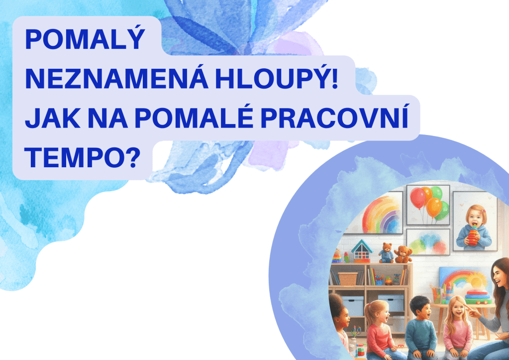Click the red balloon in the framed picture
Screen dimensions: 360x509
pyautogui.click(x=417, y=198)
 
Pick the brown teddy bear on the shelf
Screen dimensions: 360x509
pyautogui.click(x=403, y=254)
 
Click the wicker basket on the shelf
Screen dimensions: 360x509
pyautogui.click(x=348, y=278)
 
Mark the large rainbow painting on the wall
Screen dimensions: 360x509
pyautogui.click(x=375, y=212)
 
